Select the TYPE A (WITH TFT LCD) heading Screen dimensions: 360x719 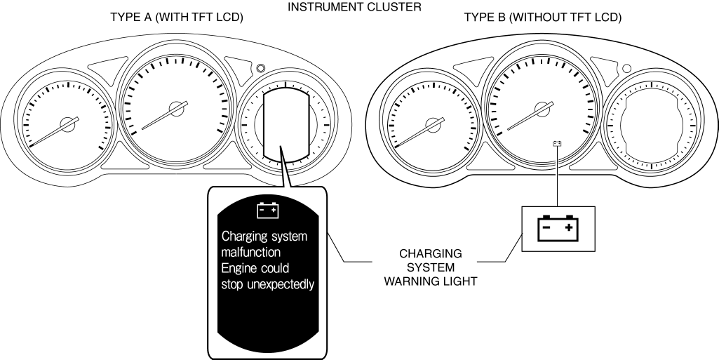(x=177, y=18)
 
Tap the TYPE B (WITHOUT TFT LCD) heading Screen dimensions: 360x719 (x=543, y=18)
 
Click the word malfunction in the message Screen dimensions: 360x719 (x=252, y=251)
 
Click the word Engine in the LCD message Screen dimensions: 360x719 (x=239, y=268)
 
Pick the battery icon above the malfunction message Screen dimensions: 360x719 (x=268, y=210)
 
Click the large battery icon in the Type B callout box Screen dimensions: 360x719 (x=558, y=229)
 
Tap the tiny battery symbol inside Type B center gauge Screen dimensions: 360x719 (x=557, y=144)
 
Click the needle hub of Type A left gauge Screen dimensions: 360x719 (x=67, y=124)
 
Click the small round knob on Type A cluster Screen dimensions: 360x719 (x=261, y=69)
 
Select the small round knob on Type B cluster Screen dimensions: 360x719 (x=626, y=69)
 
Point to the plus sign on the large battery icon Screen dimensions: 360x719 (x=570, y=228)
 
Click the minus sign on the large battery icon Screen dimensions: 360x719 (x=546, y=228)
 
